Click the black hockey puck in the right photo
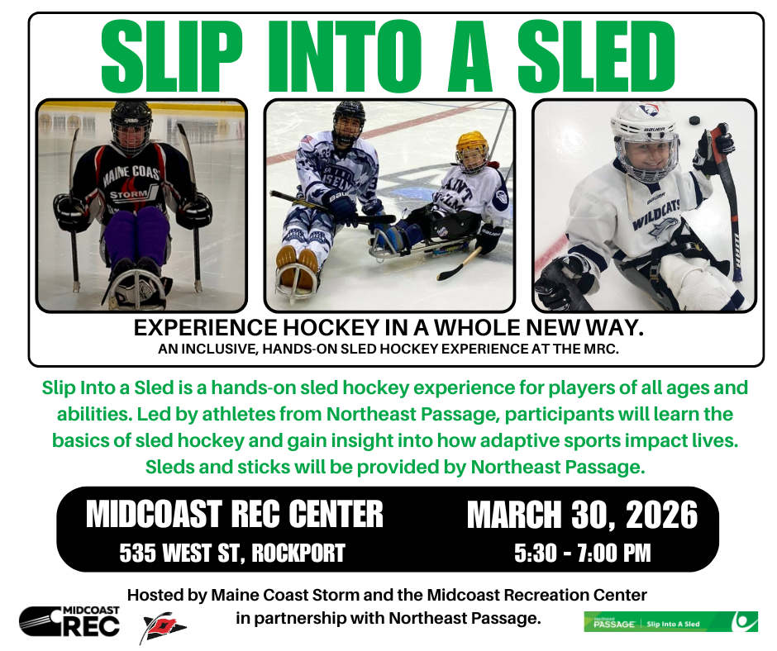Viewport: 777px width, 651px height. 695,121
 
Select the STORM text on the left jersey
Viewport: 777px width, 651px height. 131,195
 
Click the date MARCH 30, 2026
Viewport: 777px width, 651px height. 583,516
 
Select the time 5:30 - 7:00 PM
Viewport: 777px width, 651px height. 583,553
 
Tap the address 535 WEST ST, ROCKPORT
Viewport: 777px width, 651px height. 231,553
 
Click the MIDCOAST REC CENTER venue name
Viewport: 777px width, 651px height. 235,514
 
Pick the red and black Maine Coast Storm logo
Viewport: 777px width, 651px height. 164,628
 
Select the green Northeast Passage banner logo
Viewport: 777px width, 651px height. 670,622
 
